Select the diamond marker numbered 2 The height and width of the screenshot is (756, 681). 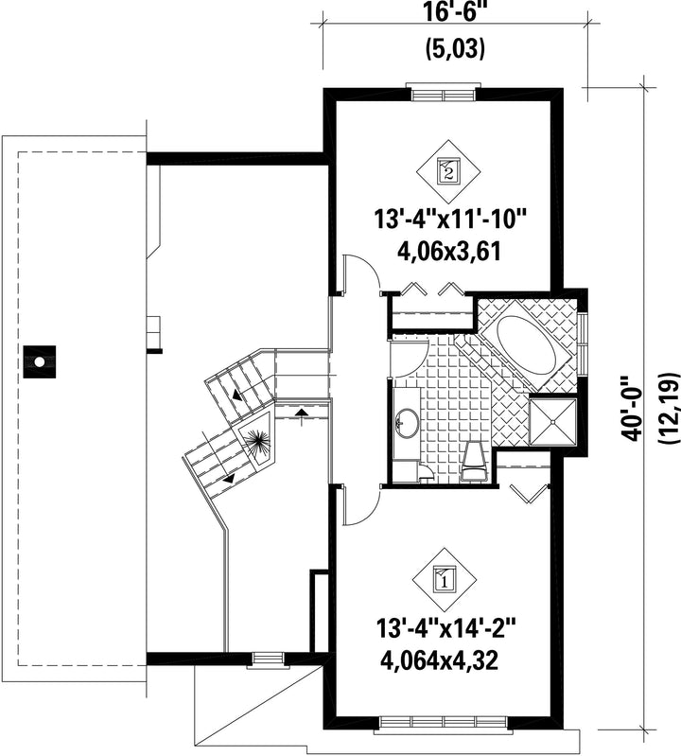click(x=449, y=171)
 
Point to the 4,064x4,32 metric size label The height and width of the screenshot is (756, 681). click(x=439, y=660)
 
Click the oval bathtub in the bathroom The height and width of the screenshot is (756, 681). click(x=527, y=344)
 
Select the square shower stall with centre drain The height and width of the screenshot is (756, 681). click(x=552, y=421)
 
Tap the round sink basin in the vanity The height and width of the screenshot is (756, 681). click(x=409, y=424)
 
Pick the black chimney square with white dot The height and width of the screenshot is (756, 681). click(x=40, y=361)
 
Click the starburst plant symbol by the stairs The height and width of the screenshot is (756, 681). click(x=259, y=441)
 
